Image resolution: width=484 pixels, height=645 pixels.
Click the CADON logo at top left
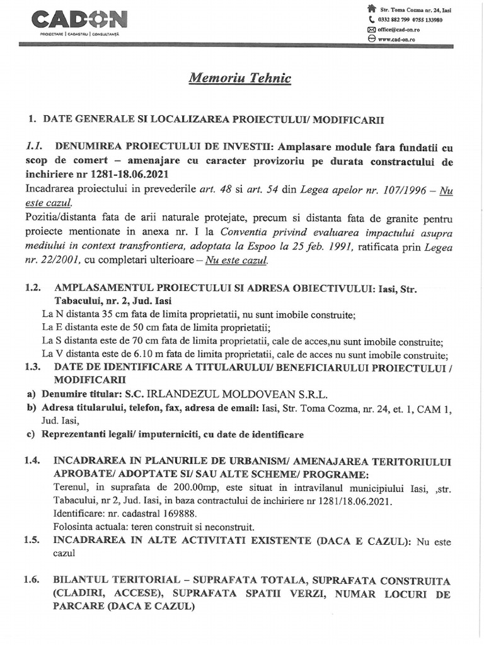[x=79, y=20]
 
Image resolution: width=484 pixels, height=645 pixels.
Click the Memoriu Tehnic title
[x=240, y=78]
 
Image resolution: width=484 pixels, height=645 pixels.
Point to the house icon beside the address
[x=371, y=9]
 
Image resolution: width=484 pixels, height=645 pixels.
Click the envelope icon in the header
[x=371, y=30]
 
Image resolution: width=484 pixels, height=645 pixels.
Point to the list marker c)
[x=30, y=435]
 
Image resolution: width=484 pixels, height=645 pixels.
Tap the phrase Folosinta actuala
[x=88, y=527]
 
